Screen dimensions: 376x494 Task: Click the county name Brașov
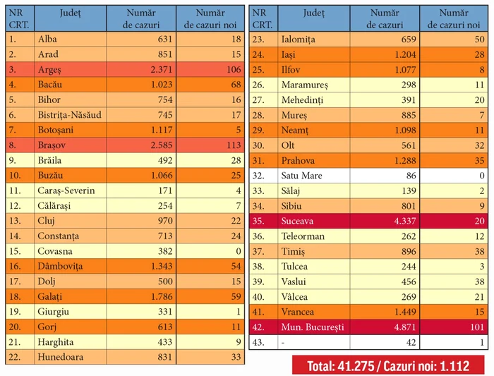54,145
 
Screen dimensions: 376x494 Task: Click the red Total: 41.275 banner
392,365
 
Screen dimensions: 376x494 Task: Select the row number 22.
16,358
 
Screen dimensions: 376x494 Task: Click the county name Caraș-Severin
67,190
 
